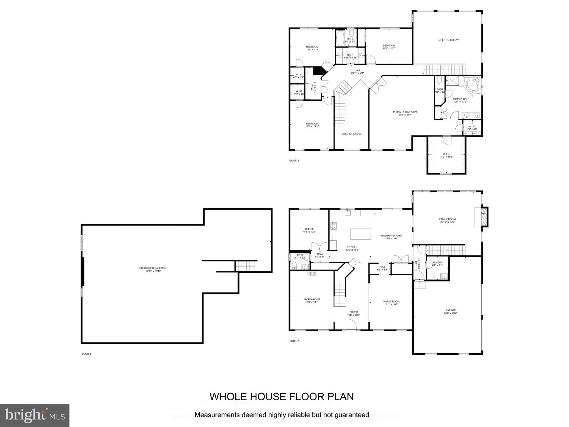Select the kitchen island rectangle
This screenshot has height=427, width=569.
point(360,234)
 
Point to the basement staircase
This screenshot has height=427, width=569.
point(245,266)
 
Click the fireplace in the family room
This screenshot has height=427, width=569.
point(483,217)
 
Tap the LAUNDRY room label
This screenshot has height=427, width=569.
point(437,262)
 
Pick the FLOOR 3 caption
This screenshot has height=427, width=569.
point(294,160)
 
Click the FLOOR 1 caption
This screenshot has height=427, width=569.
point(86,354)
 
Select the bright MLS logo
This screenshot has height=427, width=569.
point(35,416)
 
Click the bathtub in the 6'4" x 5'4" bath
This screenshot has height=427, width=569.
point(340,38)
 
